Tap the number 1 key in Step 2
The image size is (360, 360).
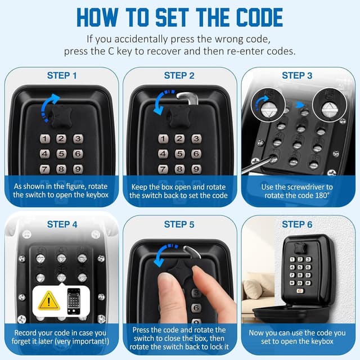[163, 138]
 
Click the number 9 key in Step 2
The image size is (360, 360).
[195, 169]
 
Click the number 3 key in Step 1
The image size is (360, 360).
[78, 138]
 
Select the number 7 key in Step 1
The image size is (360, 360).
[45, 169]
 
